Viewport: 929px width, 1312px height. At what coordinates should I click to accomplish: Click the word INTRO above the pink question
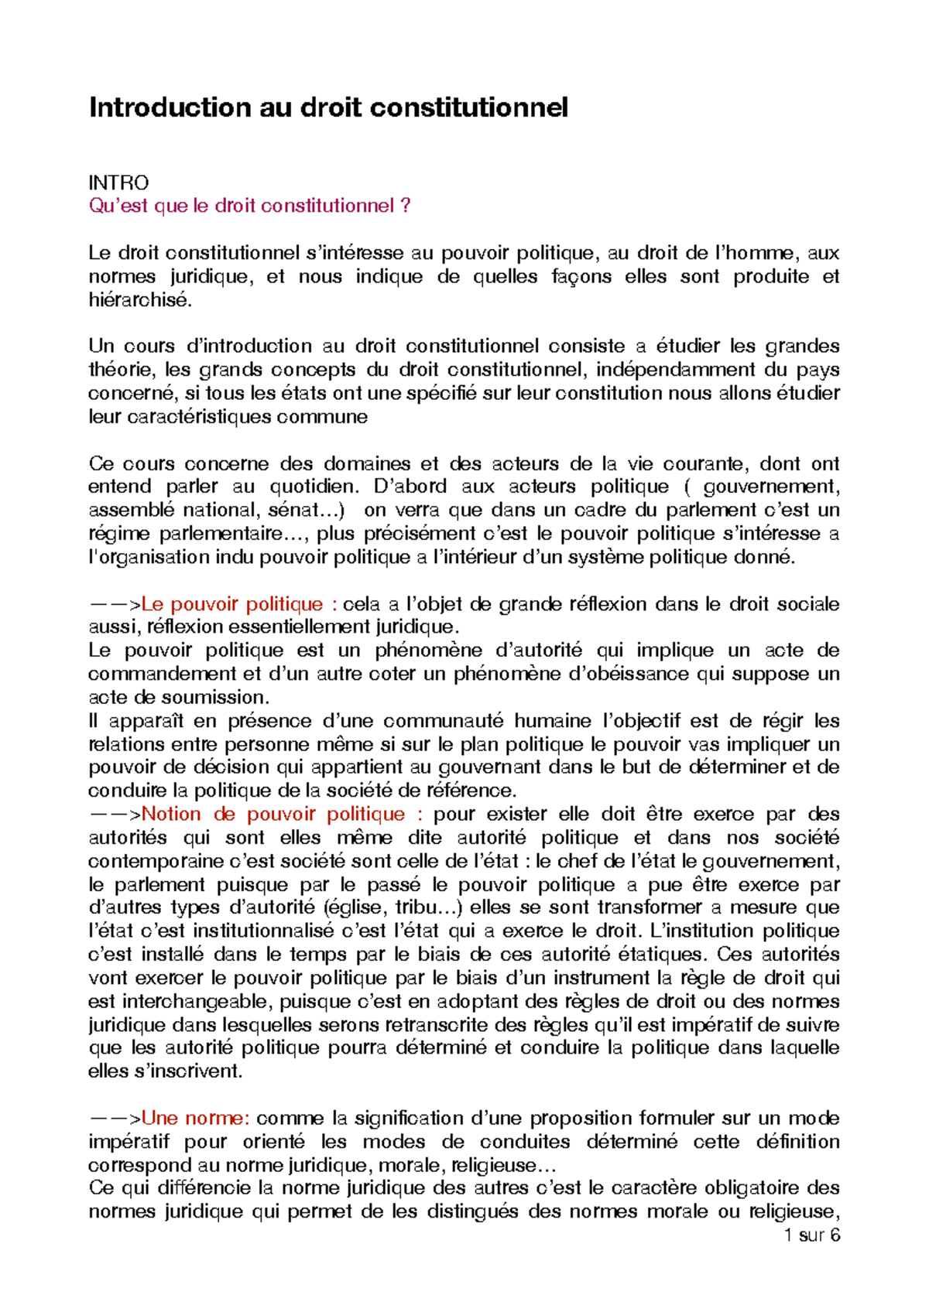click(x=118, y=183)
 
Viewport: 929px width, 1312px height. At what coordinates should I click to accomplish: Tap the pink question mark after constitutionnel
click(x=406, y=206)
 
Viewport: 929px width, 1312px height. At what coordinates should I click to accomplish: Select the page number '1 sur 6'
click(x=811, y=1235)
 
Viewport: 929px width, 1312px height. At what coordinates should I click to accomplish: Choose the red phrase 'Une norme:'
click(x=195, y=1118)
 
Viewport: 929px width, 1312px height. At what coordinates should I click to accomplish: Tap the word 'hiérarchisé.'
click(x=139, y=300)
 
